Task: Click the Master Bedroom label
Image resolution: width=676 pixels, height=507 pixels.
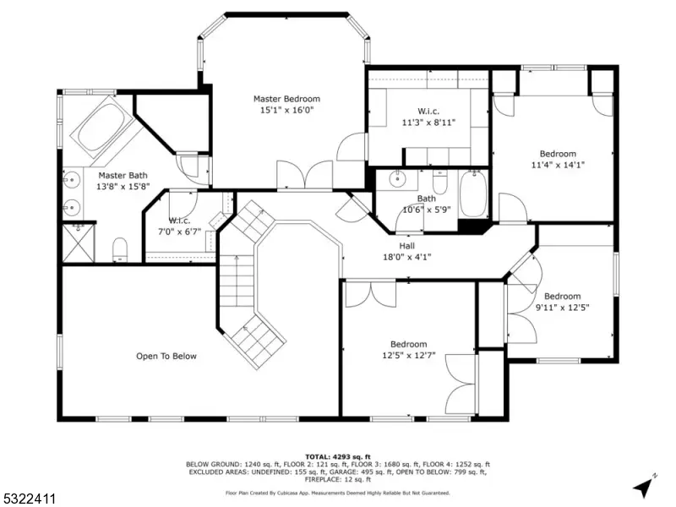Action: click(x=286, y=99)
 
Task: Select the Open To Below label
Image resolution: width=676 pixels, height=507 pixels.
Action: click(x=166, y=356)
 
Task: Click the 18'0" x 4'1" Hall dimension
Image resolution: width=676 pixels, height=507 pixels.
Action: click(x=407, y=258)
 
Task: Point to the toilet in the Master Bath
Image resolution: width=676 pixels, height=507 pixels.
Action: click(x=120, y=249)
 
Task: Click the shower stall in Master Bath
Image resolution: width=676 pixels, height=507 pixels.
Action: click(x=79, y=243)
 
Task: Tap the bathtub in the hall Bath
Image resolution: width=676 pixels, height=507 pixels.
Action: click(x=473, y=194)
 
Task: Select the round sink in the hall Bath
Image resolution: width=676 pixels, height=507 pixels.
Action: click(x=395, y=178)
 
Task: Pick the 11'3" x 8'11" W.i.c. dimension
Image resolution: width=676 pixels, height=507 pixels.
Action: click(x=428, y=123)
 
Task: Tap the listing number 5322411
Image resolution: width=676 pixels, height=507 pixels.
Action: click(x=28, y=499)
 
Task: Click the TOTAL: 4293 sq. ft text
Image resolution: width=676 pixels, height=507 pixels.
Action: click(x=338, y=457)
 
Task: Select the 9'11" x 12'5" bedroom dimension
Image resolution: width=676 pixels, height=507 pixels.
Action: click(x=562, y=308)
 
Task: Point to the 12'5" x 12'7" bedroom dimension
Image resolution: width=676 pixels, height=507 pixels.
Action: click(x=409, y=355)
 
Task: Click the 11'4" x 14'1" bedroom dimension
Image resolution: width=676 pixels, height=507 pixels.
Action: click(x=558, y=165)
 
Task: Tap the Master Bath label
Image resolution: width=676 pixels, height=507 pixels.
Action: click(x=123, y=176)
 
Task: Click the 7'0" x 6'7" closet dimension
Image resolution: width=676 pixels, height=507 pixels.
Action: click(x=179, y=232)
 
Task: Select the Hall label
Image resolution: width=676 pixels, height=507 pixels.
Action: click(x=407, y=246)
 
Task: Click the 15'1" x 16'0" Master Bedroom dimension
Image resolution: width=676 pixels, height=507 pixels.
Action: click(x=286, y=110)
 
